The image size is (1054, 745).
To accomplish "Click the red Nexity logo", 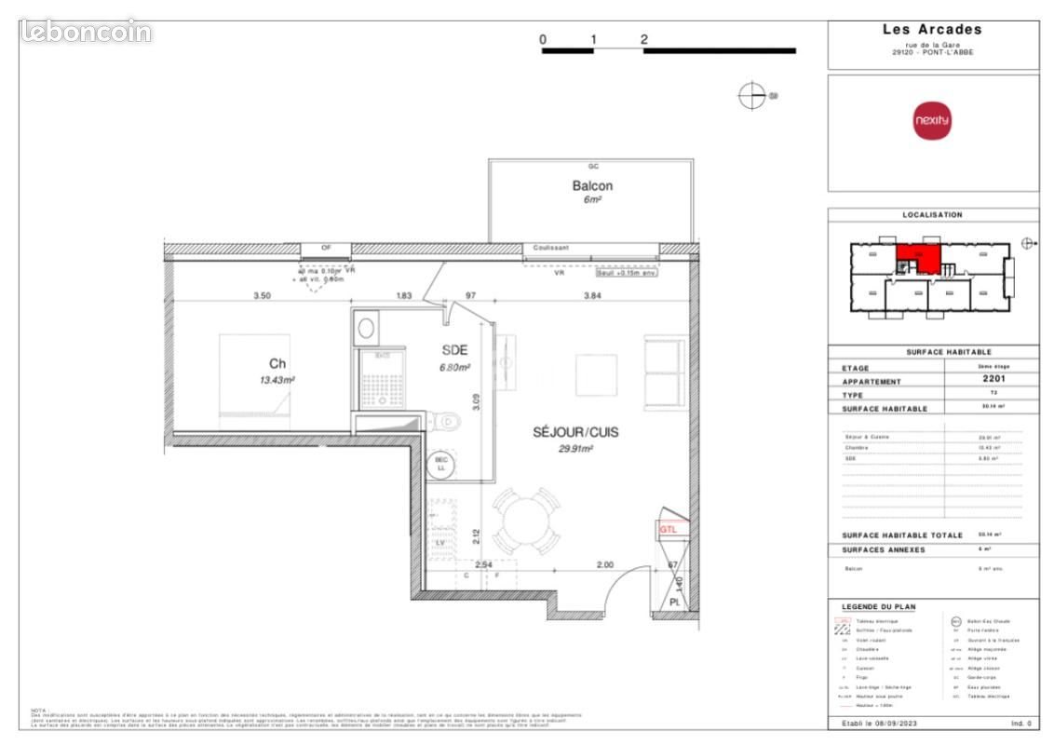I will [932, 121].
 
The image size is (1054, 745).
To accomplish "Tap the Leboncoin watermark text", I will [86, 32].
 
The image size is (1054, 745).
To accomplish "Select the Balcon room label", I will [592, 186].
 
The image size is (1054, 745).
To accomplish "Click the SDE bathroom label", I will [453, 350].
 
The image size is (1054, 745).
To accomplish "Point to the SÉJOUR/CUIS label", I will [575, 432].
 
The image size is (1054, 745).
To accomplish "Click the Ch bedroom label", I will [277, 364].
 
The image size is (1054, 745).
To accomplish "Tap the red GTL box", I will [669, 529].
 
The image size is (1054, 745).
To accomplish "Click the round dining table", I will [527, 522].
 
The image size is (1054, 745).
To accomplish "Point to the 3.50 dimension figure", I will [262, 295].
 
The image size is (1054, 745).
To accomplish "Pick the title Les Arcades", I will [932, 30].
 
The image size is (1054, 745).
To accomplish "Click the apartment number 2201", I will [991, 380].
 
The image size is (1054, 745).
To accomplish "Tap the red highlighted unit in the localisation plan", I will [918, 255].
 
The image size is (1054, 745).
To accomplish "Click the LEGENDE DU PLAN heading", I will [878, 606].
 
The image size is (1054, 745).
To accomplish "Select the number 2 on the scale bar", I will [644, 39].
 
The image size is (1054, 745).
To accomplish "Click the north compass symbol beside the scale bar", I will [750, 95].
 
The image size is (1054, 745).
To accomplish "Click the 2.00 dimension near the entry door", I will [605, 565].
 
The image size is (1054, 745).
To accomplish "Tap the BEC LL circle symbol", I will [440, 464].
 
